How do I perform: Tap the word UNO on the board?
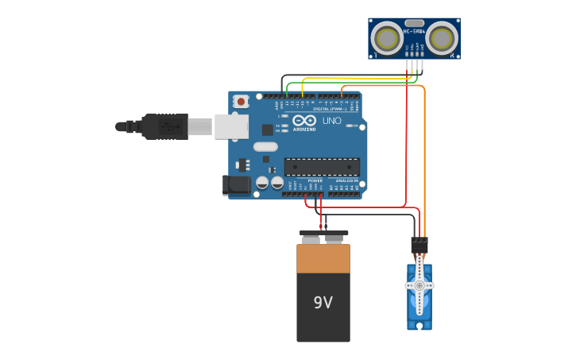(331, 121)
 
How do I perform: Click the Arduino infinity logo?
(304, 121)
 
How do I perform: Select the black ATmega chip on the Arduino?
(322, 167)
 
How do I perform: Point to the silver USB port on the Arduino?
(231, 126)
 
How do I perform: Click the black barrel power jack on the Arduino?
(236, 185)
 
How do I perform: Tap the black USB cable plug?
(164, 126)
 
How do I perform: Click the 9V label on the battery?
(323, 303)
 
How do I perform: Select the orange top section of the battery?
(323, 258)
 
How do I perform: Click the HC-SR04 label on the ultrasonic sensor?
(414, 32)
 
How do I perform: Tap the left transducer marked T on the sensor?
(388, 37)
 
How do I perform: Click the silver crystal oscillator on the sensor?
(414, 23)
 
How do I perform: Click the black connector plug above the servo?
(419, 244)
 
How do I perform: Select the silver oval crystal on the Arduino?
(265, 147)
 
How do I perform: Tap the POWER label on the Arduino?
(315, 181)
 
